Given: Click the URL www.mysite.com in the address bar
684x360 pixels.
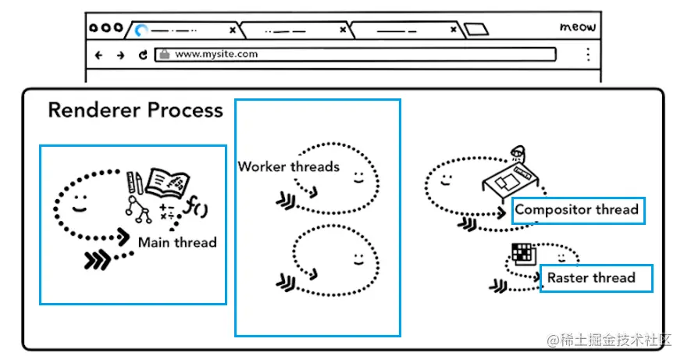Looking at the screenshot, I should [216, 55].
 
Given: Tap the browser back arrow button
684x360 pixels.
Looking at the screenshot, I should [98, 55].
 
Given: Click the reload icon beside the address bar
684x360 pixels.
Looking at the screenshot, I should [143, 55].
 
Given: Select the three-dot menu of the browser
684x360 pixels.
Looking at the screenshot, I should [588, 55].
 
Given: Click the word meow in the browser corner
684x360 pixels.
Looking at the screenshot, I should [578, 27].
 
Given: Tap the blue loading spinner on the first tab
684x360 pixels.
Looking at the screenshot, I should [141, 30].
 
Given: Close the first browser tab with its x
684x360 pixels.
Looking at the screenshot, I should [232, 30].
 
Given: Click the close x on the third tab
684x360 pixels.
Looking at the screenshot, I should [453, 30].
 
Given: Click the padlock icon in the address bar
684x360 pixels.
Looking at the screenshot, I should [164, 55].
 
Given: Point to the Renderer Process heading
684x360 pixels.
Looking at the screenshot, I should [135, 110].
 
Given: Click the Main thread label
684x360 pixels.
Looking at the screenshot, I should [177, 242].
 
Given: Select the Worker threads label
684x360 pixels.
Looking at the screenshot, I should [288, 166].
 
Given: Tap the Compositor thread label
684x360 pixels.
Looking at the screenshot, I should [577, 209].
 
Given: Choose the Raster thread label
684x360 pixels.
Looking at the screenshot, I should [591, 277].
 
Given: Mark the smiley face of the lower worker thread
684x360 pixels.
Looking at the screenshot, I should [358, 257].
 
